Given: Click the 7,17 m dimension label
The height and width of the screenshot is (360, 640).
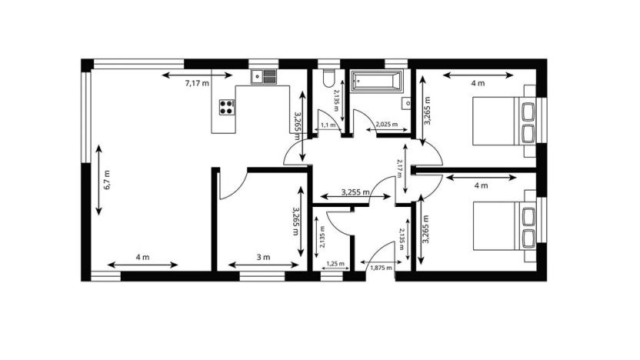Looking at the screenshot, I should (197, 82).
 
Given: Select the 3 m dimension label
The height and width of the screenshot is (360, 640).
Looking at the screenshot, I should (264, 257).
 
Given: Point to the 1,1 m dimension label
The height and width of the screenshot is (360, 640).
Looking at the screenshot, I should (326, 125).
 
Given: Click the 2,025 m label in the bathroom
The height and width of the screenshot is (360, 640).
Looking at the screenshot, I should (386, 124).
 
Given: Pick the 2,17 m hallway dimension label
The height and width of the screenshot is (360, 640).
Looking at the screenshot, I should (398, 168).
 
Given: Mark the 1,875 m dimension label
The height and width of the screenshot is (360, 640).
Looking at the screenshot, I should (381, 268).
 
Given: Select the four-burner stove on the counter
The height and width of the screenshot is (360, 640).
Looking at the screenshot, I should (226, 108).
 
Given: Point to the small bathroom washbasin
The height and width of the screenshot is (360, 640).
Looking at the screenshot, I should (405, 102).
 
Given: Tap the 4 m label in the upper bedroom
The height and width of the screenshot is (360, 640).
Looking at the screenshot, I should (478, 82).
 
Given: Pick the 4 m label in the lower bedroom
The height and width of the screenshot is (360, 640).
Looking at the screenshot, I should (482, 185).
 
